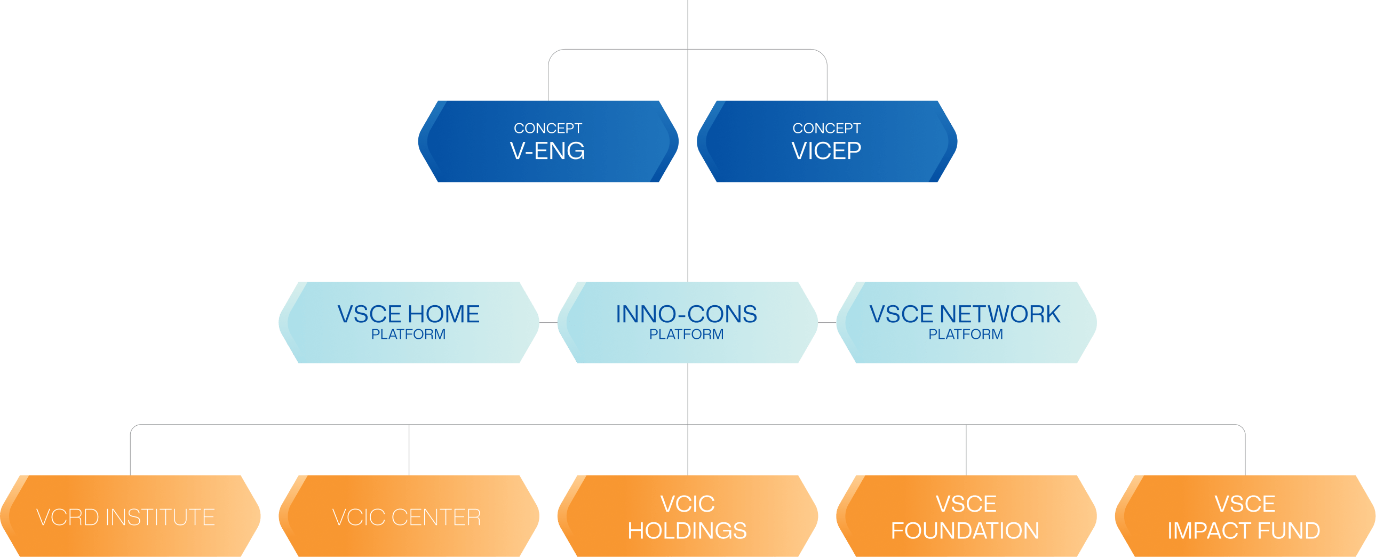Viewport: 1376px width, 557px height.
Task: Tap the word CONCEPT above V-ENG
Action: click(x=548, y=128)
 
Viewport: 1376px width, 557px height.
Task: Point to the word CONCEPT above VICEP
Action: click(x=826, y=128)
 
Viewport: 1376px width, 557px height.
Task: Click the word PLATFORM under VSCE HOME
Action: click(x=409, y=335)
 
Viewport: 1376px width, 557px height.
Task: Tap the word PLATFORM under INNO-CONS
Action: click(x=687, y=335)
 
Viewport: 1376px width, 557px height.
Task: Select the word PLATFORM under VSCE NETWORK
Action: click(x=966, y=335)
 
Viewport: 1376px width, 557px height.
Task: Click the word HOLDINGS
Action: click(x=687, y=531)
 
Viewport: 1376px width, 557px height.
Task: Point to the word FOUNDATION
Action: click(x=965, y=531)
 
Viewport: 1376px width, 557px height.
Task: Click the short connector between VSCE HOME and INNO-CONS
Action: click(x=548, y=323)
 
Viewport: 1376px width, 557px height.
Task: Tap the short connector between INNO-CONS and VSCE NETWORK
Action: click(x=827, y=323)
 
